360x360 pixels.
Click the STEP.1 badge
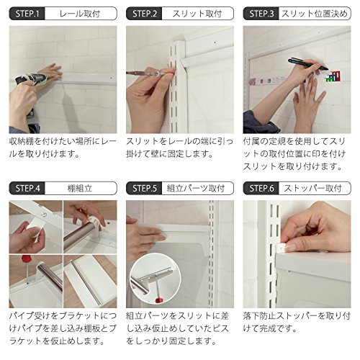pyautogui.click(x=27, y=14)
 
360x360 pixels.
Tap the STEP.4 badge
pyautogui.click(x=27, y=188)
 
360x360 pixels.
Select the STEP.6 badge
pyautogui.click(x=261, y=188)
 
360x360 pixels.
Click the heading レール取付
pyautogui.click(x=80, y=14)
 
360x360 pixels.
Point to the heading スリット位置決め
pyautogui.click(x=315, y=14)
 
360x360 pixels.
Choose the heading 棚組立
pyautogui.click(x=80, y=189)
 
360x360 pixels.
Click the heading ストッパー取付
pyautogui.click(x=313, y=189)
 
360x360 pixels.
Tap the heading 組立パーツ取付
pyautogui.click(x=196, y=189)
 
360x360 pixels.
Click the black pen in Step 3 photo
pyautogui.click(x=308, y=64)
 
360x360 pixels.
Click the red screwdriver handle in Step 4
pyautogui.click(x=26, y=259)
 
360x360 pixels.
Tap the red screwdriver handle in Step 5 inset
pyautogui.click(x=158, y=300)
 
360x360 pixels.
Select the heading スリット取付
pyautogui.click(x=197, y=14)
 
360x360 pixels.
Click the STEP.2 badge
pyautogui.click(x=144, y=14)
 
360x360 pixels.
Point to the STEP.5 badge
pyautogui.click(x=144, y=188)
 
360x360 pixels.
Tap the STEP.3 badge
pyautogui.click(x=261, y=14)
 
